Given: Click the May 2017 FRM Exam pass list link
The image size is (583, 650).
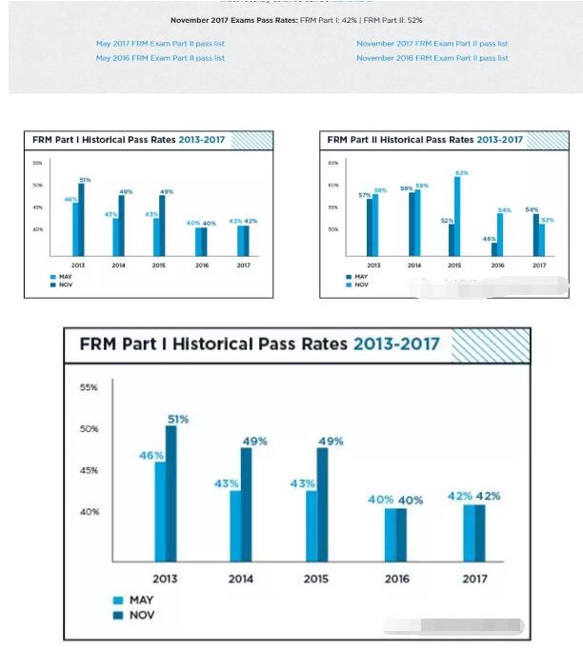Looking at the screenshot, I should pyautogui.click(x=160, y=44).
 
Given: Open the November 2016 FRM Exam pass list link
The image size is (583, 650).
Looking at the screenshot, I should pyautogui.click(x=432, y=58).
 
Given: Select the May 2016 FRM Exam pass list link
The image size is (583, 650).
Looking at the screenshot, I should pyautogui.click(x=160, y=58).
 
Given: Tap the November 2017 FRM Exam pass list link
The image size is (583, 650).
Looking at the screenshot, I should pyautogui.click(x=432, y=44).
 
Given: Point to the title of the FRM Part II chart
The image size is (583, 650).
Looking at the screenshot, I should pyautogui.click(x=425, y=140).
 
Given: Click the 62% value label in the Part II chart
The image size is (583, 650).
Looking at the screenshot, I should pyautogui.click(x=461, y=173).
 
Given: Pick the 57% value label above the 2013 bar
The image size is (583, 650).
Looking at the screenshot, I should pyautogui.click(x=365, y=194).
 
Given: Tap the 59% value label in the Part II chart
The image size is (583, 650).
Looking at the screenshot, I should pyautogui.click(x=422, y=186).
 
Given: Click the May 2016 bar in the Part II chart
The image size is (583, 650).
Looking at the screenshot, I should pyautogui.click(x=495, y=249).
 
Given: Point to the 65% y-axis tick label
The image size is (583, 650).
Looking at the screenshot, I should pyautogui.click(x=333, y=164).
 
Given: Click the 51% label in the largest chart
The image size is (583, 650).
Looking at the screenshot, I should pyautogui.click(x=178, y=419).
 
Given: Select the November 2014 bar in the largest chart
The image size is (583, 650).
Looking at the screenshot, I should pyautogui.click(x=247, y=503).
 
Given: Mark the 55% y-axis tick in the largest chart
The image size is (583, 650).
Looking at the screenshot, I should pyautogui.click(x=88, y=387).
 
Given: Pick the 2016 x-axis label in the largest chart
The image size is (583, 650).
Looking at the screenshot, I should pyautogui.click(x=397, y=579).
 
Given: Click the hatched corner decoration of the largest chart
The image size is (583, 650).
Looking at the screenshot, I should pyautogui.click(x=491, y=346).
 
